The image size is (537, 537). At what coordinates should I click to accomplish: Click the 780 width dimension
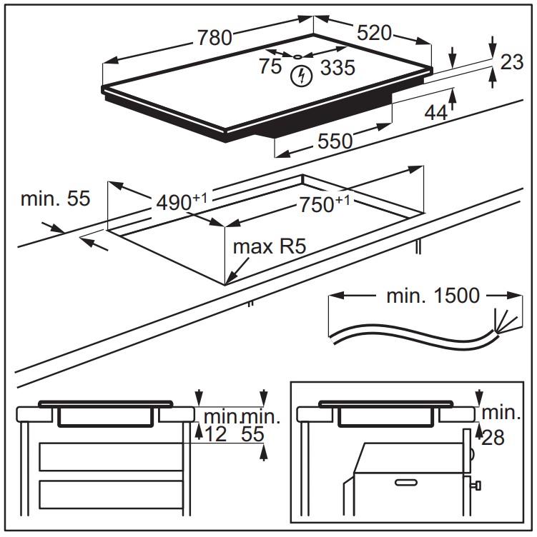[215, 36]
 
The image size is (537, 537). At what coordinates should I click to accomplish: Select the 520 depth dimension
[373, 33]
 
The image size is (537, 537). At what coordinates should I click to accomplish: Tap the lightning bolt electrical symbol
[302, 75]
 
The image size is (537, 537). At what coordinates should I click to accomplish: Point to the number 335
[338, 68]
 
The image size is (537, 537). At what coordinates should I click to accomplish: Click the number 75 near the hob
[271, 67]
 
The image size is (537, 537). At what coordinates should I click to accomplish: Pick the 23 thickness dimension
[511, 63]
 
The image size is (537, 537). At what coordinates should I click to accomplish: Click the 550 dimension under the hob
[335, 141]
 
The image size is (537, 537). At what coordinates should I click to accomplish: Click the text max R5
[264, 248]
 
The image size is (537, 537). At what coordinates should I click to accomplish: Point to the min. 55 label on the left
[55, 199]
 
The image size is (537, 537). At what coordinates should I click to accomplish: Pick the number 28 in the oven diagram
[493, 437]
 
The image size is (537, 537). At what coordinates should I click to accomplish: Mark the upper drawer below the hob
[111, 456]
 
